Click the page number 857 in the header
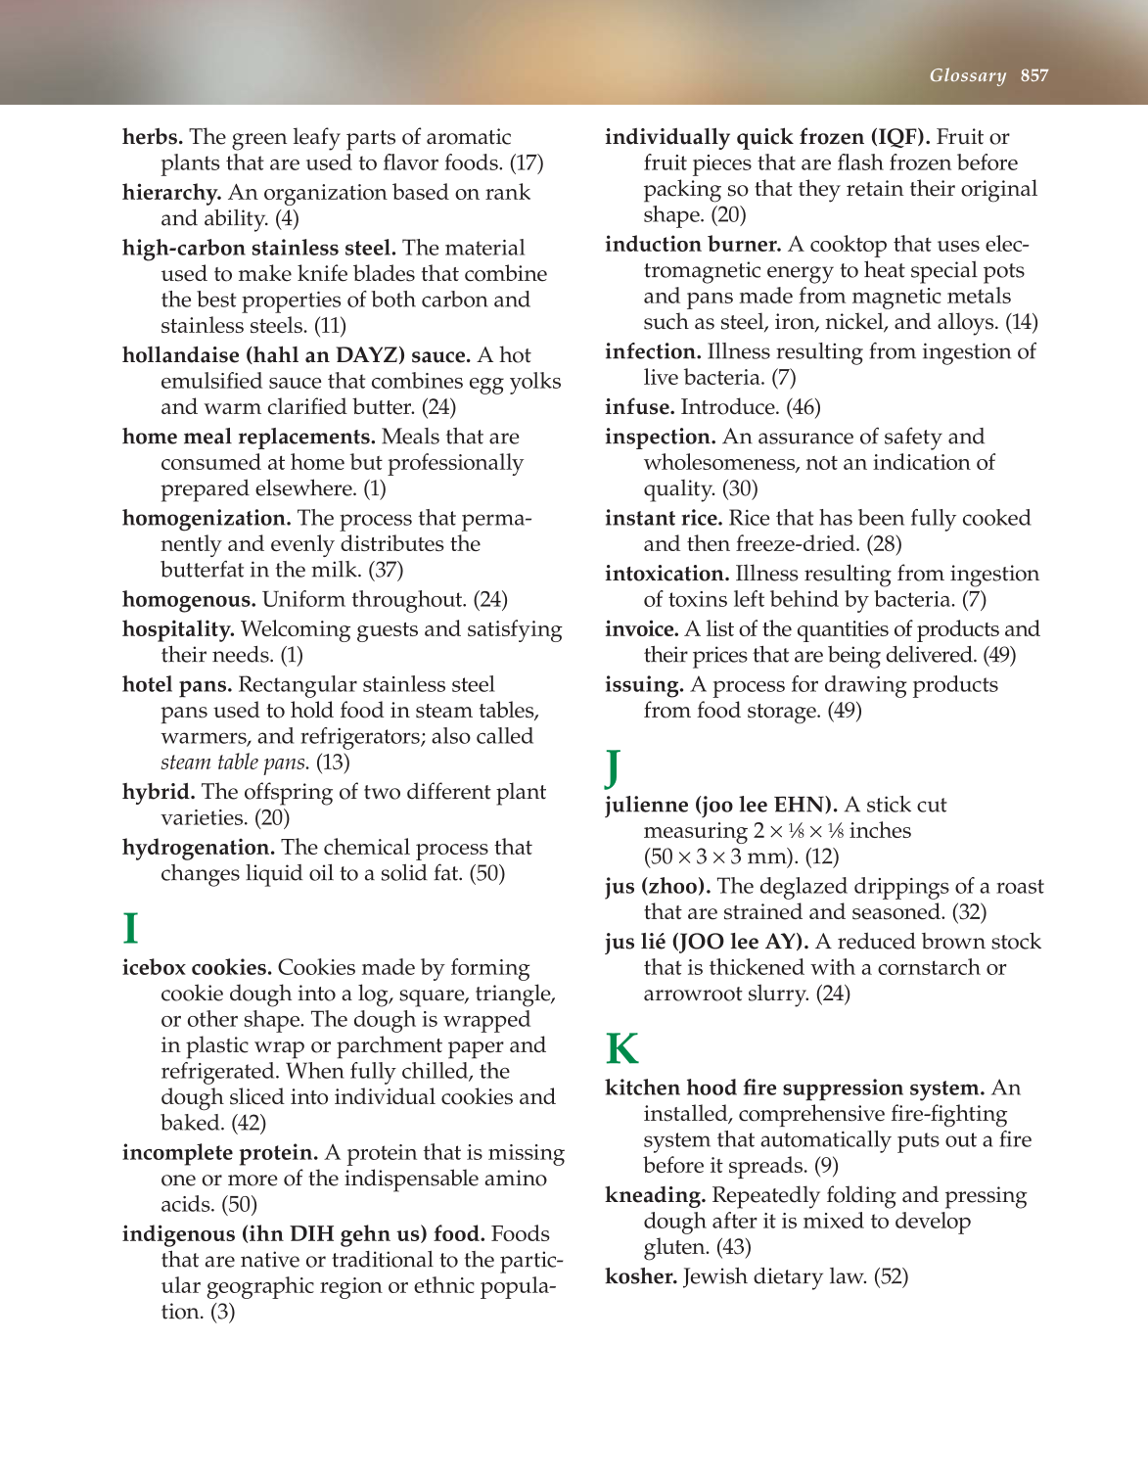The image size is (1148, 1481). (1033, 75)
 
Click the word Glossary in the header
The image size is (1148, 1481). (967, 75)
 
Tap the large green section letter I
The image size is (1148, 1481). (130, 928)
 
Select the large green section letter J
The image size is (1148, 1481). (613, 766)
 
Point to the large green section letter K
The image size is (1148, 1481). (621, 1049)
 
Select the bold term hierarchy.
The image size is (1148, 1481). (171, 193)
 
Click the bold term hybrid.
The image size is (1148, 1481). (159, 792)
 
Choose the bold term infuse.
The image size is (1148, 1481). (640, 407)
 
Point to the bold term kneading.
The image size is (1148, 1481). (655, 1195)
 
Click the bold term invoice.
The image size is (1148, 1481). (642, 629)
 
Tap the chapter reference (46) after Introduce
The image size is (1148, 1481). (804, 407)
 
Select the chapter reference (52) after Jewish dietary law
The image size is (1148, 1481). (891, 1276)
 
